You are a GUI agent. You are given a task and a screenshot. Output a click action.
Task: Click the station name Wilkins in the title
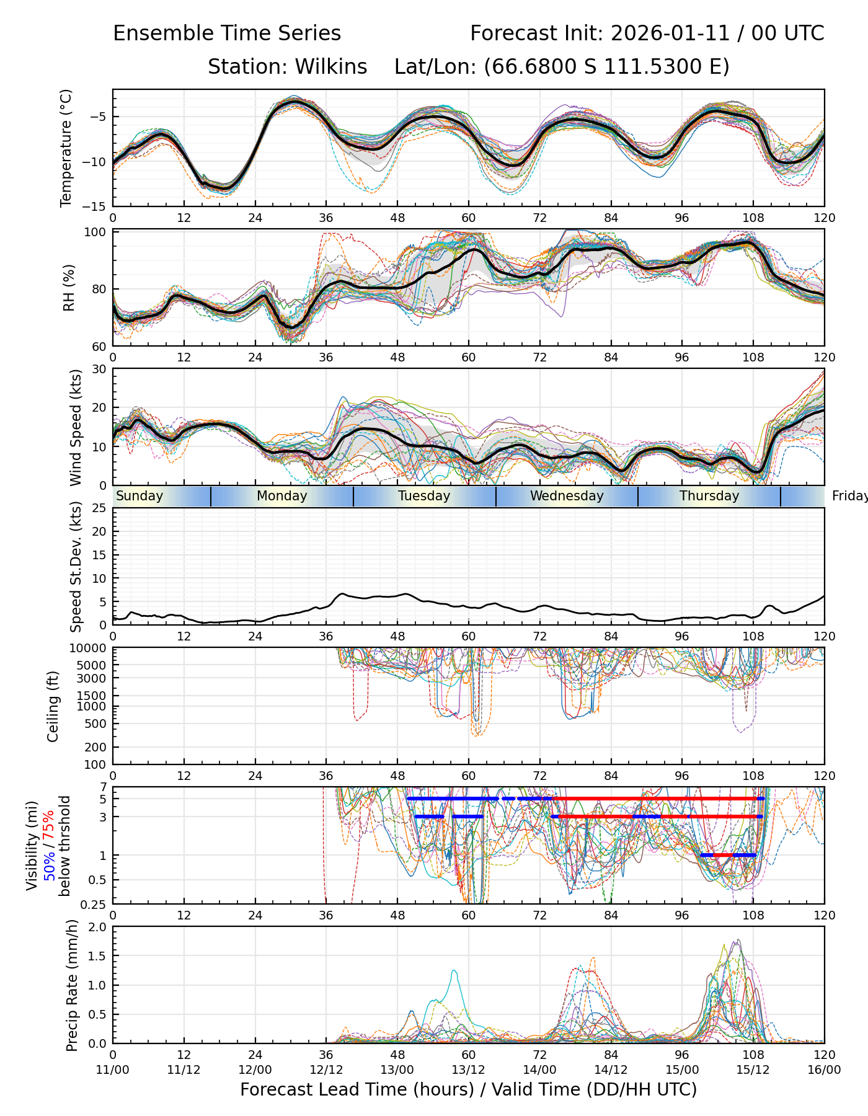coord(330,67)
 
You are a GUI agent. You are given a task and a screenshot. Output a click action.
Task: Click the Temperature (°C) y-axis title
coord(66,148)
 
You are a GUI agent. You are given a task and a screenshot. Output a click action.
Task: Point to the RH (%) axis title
coord(69,288)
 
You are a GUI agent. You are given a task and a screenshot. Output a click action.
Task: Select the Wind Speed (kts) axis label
coord(76,427)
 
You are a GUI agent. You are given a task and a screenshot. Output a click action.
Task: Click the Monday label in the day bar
coord(281,496)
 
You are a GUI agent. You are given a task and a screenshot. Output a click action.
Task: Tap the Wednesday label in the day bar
coord(567,496)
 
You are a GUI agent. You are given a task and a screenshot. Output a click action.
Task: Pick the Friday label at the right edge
coord(850,496)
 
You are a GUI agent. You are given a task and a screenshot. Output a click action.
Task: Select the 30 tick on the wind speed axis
coord(100,369)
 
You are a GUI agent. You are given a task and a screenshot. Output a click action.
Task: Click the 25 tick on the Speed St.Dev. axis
coord(100,508)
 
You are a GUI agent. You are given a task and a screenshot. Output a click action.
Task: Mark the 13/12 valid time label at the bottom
coord(468,1069)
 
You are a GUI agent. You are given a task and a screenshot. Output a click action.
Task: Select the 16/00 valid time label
coord(824,1069)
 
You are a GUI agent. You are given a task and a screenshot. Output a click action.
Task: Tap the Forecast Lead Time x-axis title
coord(468,1089)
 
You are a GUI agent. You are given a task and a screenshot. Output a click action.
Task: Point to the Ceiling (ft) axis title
coord(53,706)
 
